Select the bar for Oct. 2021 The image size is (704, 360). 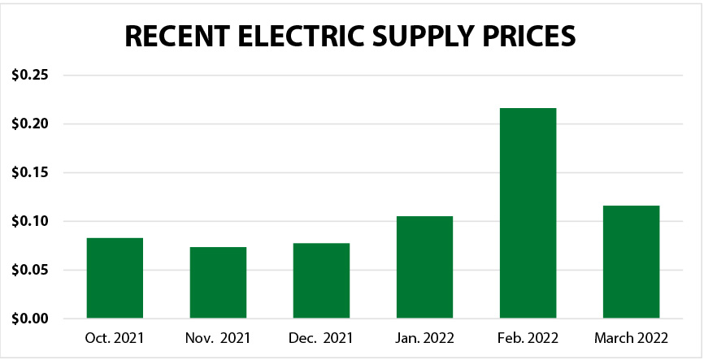115,278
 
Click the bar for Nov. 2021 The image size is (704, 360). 218,283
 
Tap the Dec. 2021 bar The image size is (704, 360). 321,280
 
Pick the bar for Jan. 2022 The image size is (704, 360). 424,267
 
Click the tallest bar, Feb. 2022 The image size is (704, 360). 528,213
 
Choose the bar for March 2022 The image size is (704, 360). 631,262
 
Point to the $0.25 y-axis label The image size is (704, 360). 30,76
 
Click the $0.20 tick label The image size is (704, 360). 30,124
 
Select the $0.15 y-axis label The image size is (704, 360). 30,173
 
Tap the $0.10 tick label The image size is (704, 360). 30,221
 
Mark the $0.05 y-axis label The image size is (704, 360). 30,270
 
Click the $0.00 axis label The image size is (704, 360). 30,319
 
